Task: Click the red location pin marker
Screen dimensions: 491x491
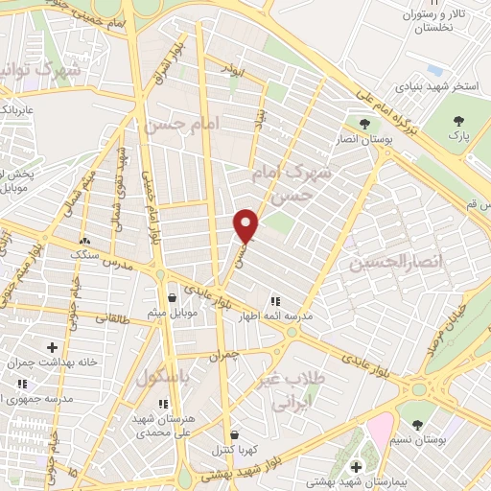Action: coord(247,225)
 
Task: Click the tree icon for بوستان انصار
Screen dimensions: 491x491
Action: coord(362,124)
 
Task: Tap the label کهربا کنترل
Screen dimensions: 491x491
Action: coord(234,449)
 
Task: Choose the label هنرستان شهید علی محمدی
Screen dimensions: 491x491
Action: coord(163,428)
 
